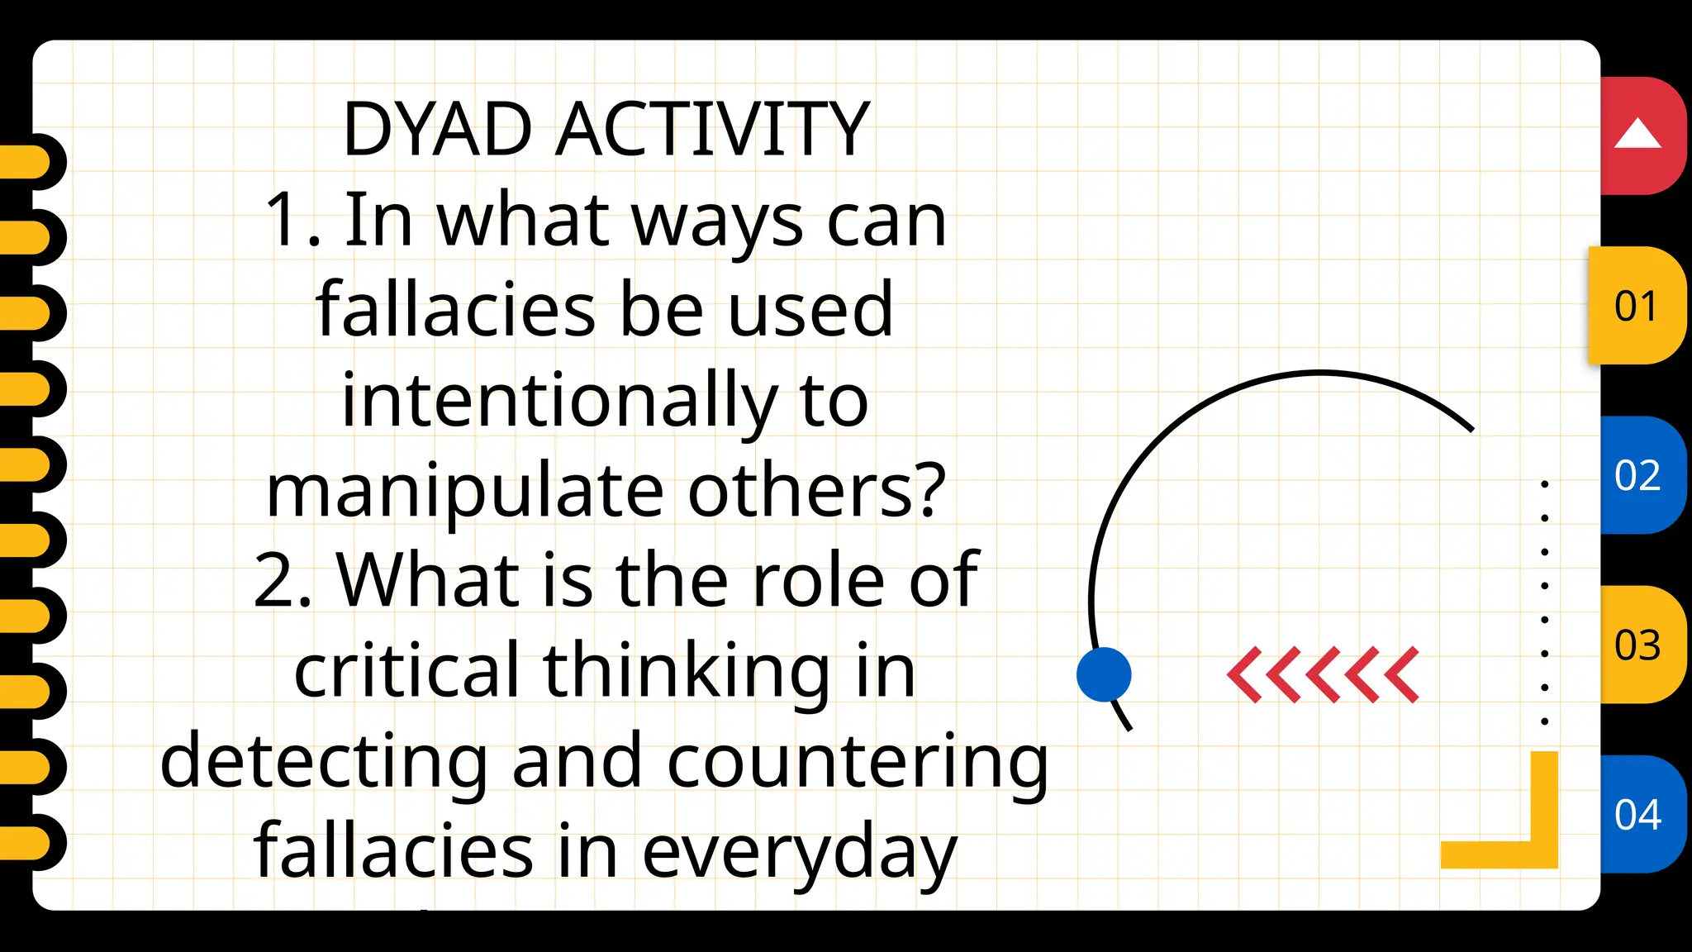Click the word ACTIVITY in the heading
[712, 129]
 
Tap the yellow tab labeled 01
[1637, 306]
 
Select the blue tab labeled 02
[1637, 475]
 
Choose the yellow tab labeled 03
[1637, 645]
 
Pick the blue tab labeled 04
[1637, 814]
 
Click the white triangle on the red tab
[1637, 134]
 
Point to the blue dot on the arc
[1104, 674]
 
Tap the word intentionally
[559, 401]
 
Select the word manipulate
[465, 492]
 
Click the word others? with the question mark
[817, 490]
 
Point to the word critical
[406, 669]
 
